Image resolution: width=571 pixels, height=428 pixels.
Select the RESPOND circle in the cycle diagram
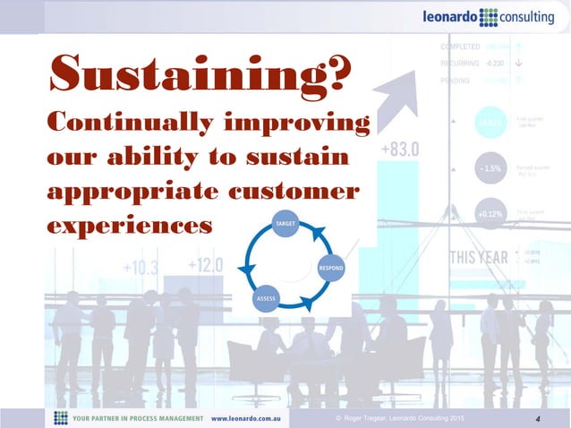click(x=332, y=267)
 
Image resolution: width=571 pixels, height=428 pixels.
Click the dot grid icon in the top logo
click(x=491, y=17)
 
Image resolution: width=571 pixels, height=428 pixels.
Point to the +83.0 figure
click(x=399, y=150)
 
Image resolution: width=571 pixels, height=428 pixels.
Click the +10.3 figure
click(x=141, y=269)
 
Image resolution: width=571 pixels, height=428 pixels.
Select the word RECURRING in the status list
click(x=459, y=64)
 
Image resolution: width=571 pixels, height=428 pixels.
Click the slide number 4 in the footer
click(x=536, y=417)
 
